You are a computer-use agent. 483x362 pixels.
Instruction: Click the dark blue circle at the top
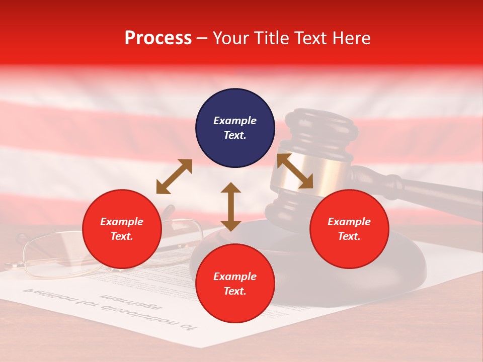[x=235, y=128]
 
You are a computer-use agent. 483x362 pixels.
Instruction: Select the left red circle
[x=122, y=229]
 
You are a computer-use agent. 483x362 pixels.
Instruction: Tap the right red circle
[x=349, y=229]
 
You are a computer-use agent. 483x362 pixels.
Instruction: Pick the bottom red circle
[x=235, y=284]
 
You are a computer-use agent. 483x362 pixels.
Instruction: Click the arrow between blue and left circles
[x=174, y=176]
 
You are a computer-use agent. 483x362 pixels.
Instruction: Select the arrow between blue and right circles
[x=295, y=171]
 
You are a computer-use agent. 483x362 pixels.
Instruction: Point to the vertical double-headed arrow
[x=231, y=207]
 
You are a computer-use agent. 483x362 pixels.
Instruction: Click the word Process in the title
[x=158, y=38]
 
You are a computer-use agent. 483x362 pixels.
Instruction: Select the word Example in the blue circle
[x=235, y=121]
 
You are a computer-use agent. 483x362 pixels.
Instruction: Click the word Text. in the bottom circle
[x=235, y=291]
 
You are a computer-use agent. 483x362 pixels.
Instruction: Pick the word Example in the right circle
[x=349, y=222]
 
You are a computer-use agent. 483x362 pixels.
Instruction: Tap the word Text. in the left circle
[x=122, y=236]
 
